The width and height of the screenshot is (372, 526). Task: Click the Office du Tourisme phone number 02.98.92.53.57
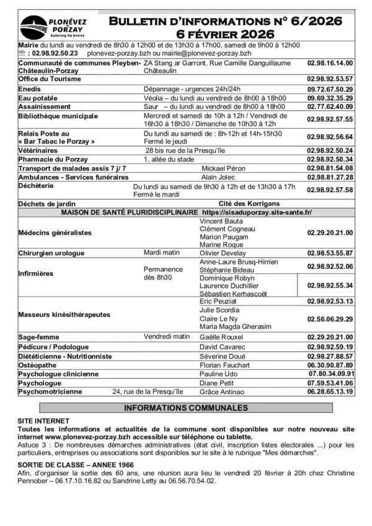point(330,79)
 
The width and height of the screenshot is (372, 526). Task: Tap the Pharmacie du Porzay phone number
point(330,159)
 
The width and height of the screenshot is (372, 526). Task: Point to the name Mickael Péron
point(223,169)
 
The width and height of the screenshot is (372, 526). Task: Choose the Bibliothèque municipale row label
point(58,116)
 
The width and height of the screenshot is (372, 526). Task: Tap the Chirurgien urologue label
point(51,253)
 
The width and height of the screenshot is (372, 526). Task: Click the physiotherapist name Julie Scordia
point(219,310)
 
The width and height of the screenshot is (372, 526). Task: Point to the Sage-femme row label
point(38,336)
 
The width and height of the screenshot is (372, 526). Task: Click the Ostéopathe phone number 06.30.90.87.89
point(330,365)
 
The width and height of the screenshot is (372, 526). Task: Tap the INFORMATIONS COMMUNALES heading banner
point(186,408)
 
